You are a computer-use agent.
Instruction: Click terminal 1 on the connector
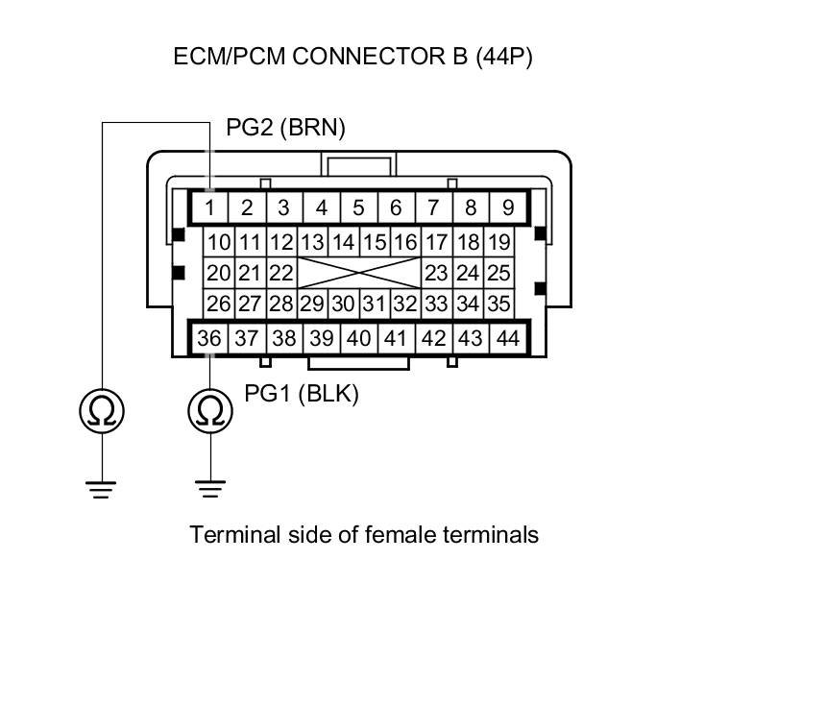point(209,207)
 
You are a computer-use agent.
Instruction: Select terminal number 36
point(209,338)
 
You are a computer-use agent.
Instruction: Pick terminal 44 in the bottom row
point(507,338)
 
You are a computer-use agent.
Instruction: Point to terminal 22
point(279,273)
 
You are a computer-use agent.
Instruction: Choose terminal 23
point(436,273)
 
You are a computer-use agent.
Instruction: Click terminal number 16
point(405,242)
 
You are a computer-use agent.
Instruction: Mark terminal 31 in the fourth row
point(374,304)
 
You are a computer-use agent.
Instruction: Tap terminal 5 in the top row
point(358,207)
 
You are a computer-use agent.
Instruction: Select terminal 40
point(358,338)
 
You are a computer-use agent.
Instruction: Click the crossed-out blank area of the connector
point(358,273)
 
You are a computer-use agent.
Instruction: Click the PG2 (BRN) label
point(285,128)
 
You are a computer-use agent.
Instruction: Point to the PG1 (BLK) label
point(302,394)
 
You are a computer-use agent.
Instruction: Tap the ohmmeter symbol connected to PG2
point(102,411)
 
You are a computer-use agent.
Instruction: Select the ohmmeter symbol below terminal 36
point(209,411)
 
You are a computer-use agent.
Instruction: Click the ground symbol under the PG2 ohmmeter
point(102,489)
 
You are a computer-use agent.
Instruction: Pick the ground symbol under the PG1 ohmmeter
point(209,489)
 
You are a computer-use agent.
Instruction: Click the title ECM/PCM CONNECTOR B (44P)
point(352,57)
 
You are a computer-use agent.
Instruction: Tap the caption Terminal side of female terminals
point(364,534)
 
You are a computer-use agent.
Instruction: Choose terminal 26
point(219,304)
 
